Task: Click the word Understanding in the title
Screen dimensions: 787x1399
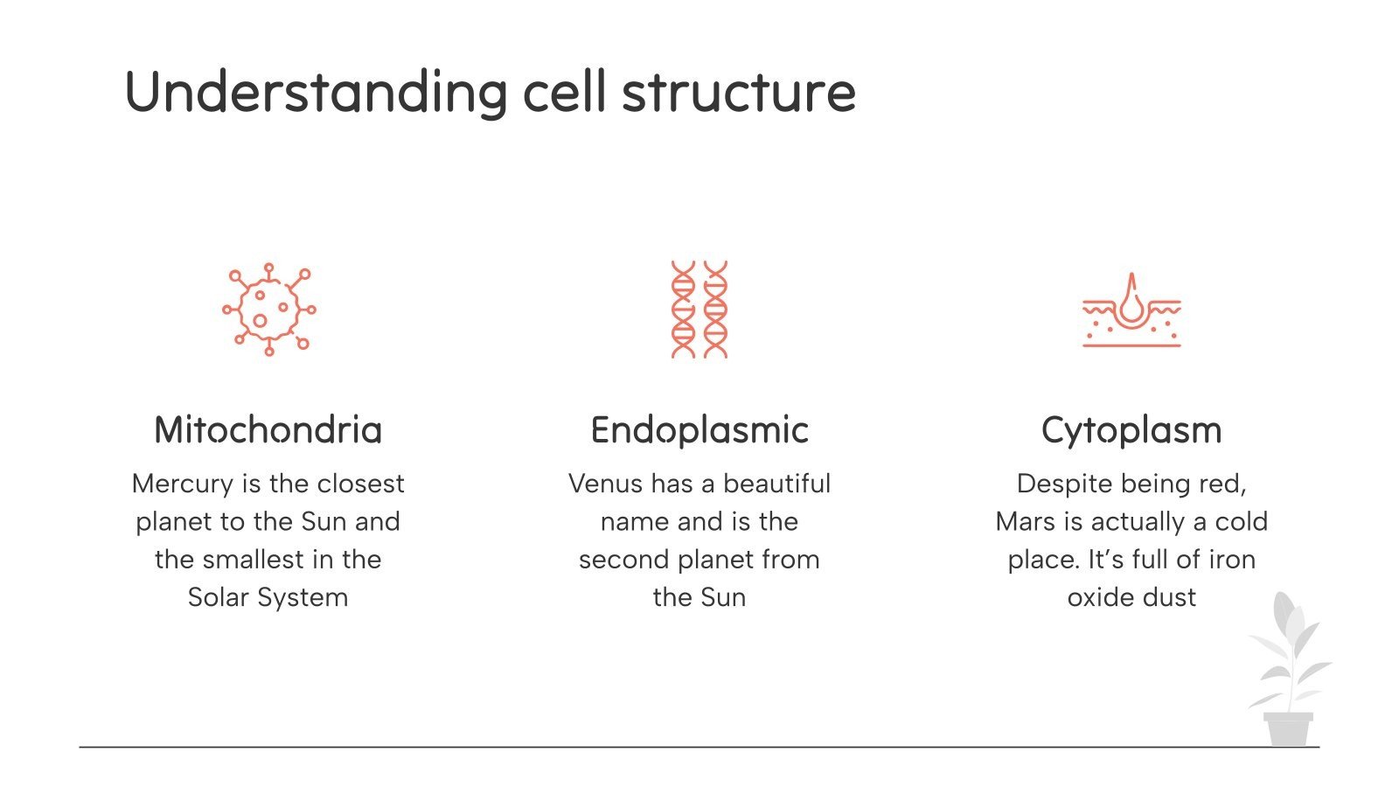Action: click(316, 92)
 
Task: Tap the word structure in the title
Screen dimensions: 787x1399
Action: click(738, 92)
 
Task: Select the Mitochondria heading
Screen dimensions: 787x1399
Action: click(268, 430)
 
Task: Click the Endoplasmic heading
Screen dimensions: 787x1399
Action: click(699, 430)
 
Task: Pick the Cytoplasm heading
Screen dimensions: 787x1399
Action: click(1131, 430)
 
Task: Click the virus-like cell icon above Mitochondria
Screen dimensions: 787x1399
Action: click(268, 310)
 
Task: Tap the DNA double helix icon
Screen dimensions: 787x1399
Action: click(699, 310)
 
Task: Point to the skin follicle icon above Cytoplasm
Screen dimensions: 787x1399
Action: click(1131, 310)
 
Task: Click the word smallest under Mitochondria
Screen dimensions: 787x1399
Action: click(250, 560)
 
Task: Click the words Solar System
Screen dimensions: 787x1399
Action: click(268, 598)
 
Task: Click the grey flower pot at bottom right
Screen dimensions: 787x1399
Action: click(1288, 729)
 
